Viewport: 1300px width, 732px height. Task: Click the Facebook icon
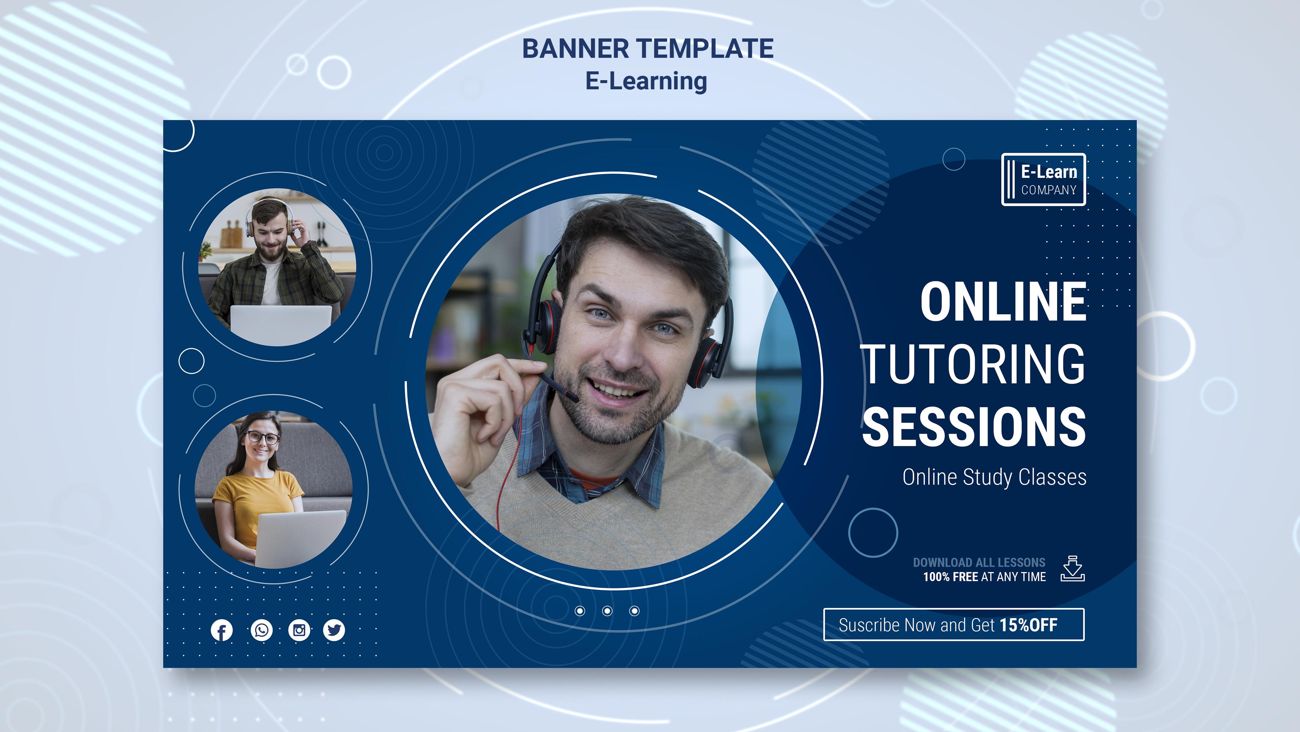tap(221, 630)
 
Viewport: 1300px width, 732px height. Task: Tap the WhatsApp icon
tap(261, 630)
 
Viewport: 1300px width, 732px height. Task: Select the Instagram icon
tap(299, 630)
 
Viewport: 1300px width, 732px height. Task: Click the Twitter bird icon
tap(334, 630)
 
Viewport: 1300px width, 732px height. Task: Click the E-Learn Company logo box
tap(1043, 180)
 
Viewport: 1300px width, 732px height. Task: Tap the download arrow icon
tap(1072, 568)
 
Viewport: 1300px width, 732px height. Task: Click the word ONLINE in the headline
tap(1003, 302)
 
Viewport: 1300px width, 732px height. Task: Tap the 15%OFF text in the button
tap(1029, 625)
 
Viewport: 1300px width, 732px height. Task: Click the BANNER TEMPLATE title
tap(648, 48)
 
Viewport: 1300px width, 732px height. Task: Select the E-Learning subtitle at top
tap(646, 81)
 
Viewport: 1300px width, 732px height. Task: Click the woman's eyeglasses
tap(262, 437)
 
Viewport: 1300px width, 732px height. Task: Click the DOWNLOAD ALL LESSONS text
tap(979, 563)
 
